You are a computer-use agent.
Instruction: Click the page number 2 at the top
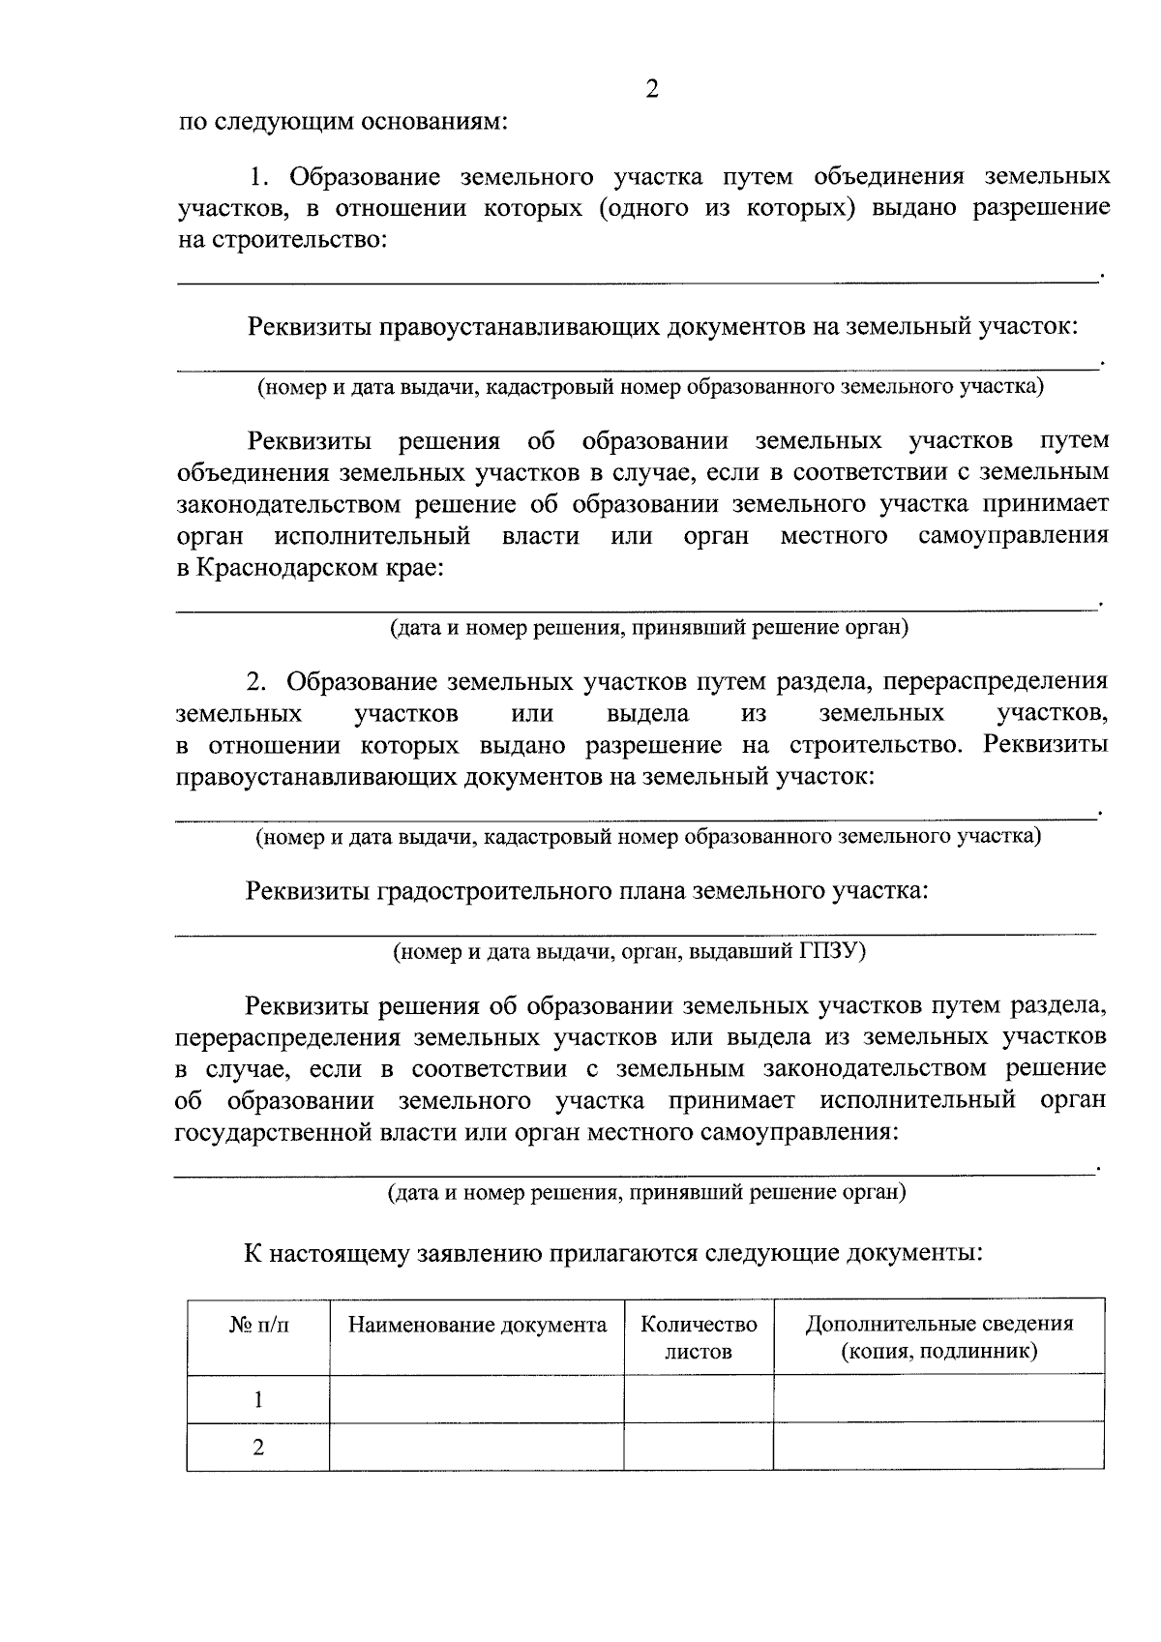point(651,90)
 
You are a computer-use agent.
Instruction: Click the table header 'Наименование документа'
point(477,1325)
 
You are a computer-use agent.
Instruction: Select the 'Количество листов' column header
point(699,1337)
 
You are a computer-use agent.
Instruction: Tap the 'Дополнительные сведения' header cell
point(938,1324)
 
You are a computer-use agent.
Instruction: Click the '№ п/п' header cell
point(258,1325)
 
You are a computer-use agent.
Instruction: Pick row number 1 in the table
point(258,1399)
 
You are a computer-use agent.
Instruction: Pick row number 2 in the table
point(258,1448)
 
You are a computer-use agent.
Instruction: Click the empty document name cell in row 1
point(477,1399)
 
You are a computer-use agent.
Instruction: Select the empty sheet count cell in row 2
point(699,1448)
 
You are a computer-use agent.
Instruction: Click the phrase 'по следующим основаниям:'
point(342,123)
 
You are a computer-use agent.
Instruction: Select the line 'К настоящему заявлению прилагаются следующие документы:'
point(613,1254)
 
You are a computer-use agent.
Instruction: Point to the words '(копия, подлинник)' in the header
point(938,1351)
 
